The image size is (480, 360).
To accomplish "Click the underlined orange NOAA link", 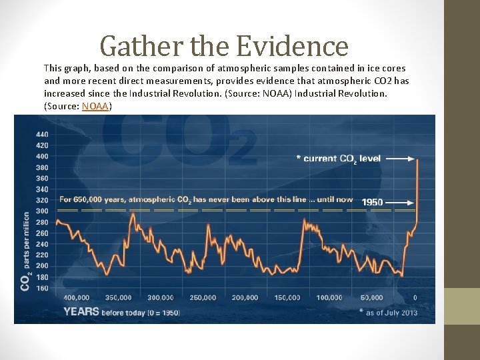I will coord(97,106).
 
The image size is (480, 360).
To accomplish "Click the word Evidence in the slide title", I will coord(293,46).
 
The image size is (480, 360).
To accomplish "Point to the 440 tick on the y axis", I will coord(42,134).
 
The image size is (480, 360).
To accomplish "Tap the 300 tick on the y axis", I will coord(42,211).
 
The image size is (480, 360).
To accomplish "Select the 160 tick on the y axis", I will coord(42,288).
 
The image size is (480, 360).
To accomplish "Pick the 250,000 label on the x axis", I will coord(203,297).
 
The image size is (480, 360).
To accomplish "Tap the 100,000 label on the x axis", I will coord(329,297).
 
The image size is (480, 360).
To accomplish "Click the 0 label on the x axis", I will coord(415,297).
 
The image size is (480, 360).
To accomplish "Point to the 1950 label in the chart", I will coord(372,202).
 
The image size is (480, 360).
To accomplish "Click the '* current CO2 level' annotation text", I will coord(338,159).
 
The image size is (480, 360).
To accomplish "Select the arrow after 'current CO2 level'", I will coord(400,159).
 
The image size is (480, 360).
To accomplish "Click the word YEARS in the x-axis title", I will coord(81,311).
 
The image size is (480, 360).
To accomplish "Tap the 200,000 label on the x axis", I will coord(245,297).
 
